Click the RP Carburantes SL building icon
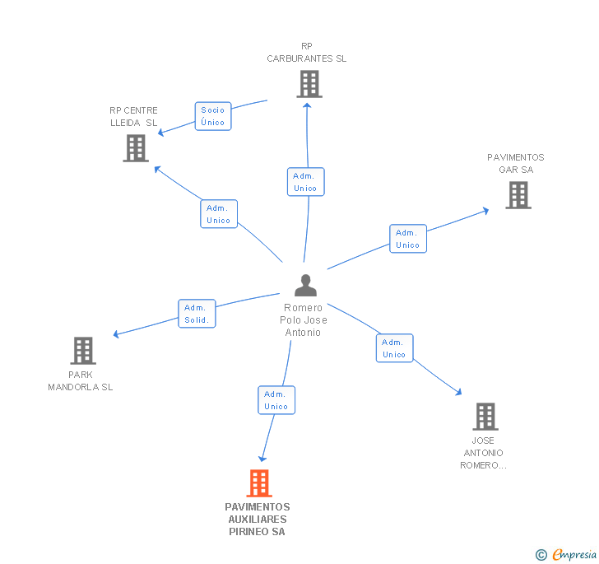[x=309, y=83]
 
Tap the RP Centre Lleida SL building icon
[x=136, y=148]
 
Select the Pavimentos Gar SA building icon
[x=518, y=195]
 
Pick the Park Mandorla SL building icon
[x=82, y=351]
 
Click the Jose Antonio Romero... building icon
[x=485, y=417]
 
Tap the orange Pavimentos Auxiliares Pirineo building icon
[x=259, y=483]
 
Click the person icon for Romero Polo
[x=305, y=285]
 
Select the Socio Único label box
[x=212, y=116]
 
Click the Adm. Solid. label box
[x=197, y=314]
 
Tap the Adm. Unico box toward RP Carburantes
[x=305, y=182]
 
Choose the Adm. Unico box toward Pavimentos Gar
[x=407, y=239]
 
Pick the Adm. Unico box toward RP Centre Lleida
[x=219, y=214]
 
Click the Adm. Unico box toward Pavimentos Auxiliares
[x=276, y=400]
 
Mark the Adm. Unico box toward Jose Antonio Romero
[x=394, y=348]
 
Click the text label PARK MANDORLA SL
[x=81, y=380]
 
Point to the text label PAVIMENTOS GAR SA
[x=516, y=163]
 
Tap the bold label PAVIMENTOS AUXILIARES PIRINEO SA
[x=258, y=520]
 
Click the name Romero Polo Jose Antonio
[x=304, y=320]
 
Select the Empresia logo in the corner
[x=565, y=554]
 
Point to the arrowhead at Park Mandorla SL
[x=116, y=334]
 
